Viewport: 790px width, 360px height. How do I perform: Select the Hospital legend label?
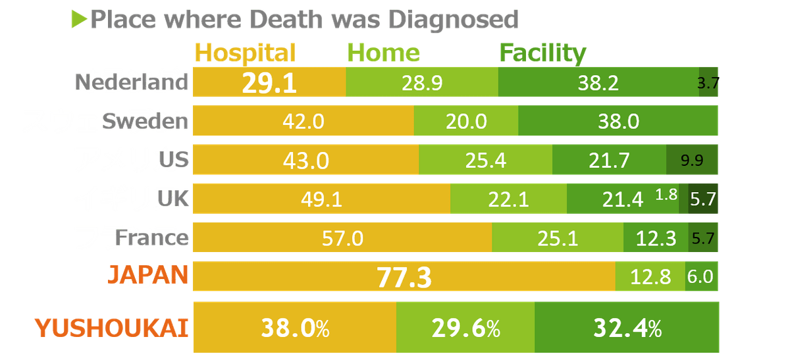coord(246,53)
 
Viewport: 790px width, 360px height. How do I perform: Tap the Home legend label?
coord(383,53)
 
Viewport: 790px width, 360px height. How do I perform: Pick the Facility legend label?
coord(542,53)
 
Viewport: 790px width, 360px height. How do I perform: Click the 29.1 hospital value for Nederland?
coord(269,83)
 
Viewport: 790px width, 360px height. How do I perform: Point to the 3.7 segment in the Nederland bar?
coord(708,82)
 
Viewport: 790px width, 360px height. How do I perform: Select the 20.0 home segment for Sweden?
coord(465,121)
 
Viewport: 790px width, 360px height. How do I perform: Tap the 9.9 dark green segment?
coord(692,159)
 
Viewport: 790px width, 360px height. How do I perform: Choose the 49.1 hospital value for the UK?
coord(321,199)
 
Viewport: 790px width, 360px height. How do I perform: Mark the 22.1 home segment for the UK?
coord(508,199)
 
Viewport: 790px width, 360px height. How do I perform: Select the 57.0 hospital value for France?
coord(342,238)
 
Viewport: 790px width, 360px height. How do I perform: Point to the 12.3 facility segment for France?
coord(656,238)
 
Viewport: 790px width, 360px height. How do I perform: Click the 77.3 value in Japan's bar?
coord(404,277)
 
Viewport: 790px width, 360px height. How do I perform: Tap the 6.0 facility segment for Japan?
coord(700,276)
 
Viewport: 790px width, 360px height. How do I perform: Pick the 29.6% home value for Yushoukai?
coord(465,327)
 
